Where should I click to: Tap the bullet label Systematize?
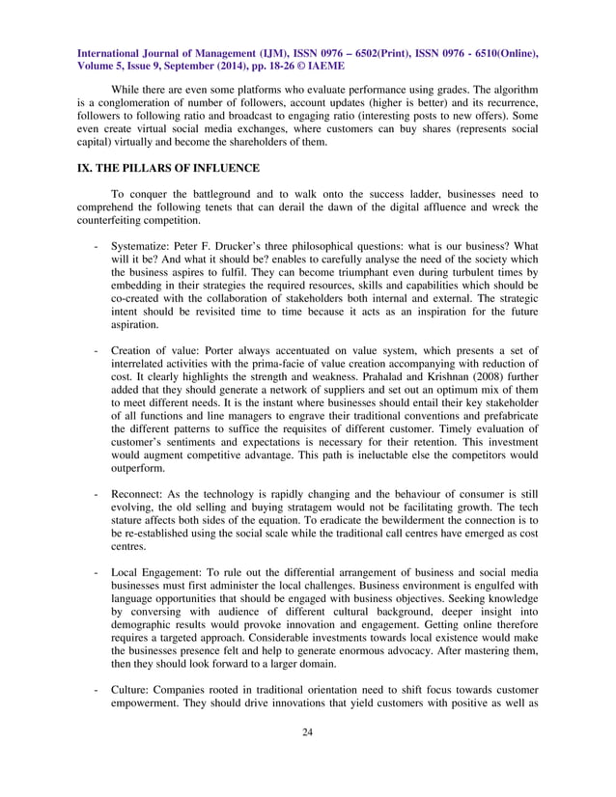(x=142, y=246)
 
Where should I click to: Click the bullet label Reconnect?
(x=140, y=494)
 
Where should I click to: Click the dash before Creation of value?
(x=96, y=347)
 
